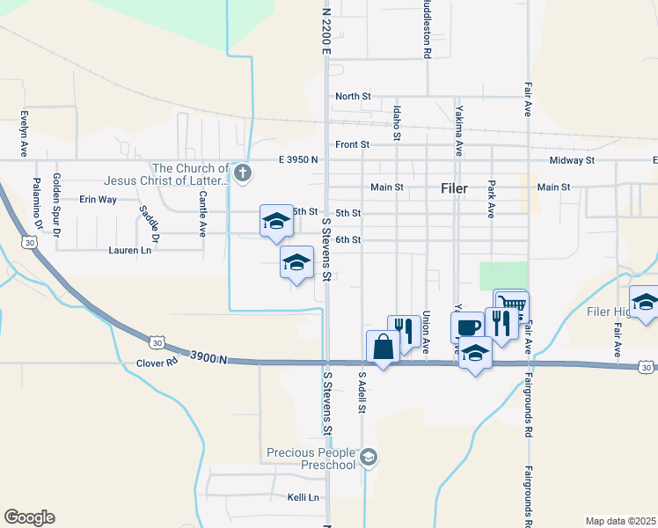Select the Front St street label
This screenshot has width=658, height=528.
[352, 144]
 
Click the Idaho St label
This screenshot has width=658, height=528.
[397, 123]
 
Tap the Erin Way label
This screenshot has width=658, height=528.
[98, 200]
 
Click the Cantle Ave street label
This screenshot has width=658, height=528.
[202, 215]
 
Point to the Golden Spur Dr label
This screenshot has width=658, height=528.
[56, 205]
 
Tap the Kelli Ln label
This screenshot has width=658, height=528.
[302, 497]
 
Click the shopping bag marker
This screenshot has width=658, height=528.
[384, 347]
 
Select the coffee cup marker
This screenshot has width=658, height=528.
[467, 326]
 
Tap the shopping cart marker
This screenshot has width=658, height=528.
[510, 303]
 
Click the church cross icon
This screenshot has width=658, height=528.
[244, 172]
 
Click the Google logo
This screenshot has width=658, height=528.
[30, 517]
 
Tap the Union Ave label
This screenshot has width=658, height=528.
[426, 333]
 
